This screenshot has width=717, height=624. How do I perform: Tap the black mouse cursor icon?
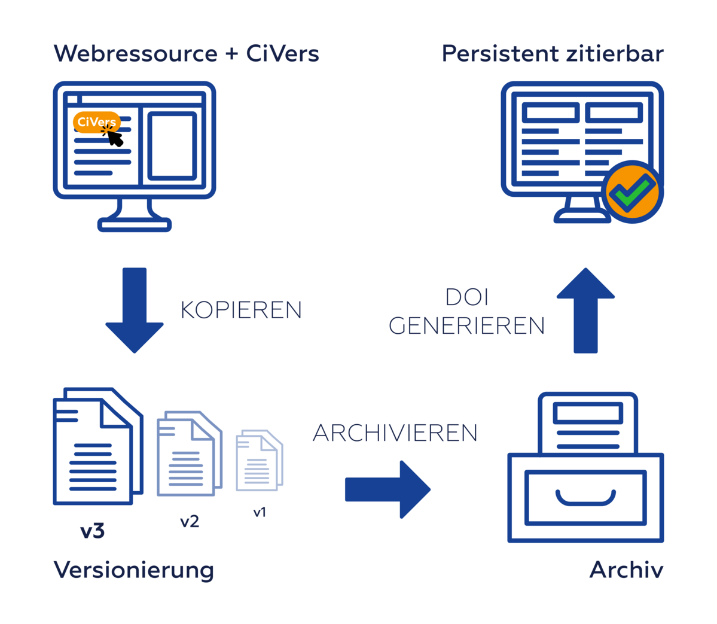tap(114, 137)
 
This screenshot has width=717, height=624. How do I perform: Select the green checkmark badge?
tap(633, 193)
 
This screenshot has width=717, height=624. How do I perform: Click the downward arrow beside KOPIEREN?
tap(135, 310)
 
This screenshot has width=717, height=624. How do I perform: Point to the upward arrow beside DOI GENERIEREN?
tap(585, 310)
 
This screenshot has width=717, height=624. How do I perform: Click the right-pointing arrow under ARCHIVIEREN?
tap(388, 489)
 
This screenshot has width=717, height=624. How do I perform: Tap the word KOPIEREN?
tap(241, 310)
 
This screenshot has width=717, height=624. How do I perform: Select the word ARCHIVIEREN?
tap(395, 433)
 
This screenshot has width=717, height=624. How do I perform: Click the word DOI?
tap(467, 297)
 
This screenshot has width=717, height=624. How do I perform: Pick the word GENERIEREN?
tap(466, 326)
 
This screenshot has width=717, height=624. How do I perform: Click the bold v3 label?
tap(93, 531)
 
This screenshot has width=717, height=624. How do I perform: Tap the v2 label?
tap(190, 522)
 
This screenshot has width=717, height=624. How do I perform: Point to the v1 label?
tap(260, 512)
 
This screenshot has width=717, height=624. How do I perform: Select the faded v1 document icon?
tap(259, 460)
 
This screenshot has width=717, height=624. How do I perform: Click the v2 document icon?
tap(188, 454)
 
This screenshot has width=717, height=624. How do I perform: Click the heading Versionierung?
tap(134, 570)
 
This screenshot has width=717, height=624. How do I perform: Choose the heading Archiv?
tap(626, 570)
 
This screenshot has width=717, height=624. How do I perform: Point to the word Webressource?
tap(136, 54)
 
